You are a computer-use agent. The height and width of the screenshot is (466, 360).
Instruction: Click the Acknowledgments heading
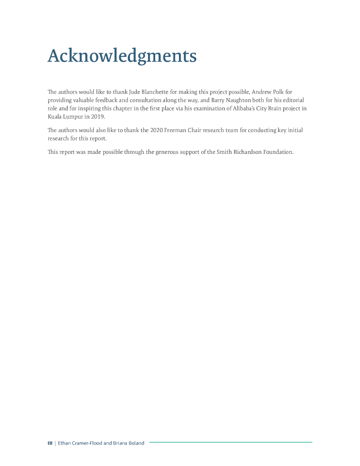pyautogui.click(x=122, y=56)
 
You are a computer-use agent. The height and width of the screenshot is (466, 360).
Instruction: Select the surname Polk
pyautogui.click(x=278, y=91)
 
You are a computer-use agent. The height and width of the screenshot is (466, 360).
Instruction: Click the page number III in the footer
pyautogui.click(x=50, y=443)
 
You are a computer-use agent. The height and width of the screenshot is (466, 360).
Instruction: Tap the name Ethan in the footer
pyautogui.click(x=65, y=443)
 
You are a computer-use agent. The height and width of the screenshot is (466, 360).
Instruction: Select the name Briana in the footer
pyautogui.click(x=120, y=443)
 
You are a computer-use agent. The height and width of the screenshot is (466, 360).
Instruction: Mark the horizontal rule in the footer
pyautogui.click(x=230, y=442)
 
